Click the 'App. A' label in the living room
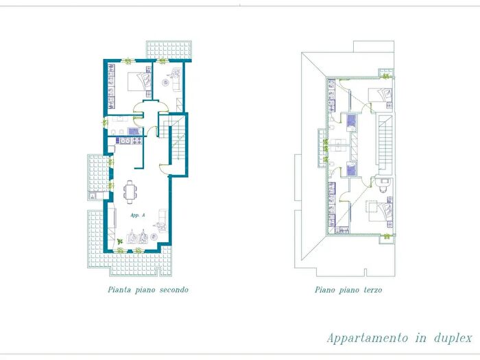pyautogui.click(x=137, y=215)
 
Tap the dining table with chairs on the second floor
pyautogui.click(x=130, y=192)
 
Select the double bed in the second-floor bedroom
pyautogui.click(x=139, y=82)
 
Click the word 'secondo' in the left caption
pyautogui.click(x=174, y=289)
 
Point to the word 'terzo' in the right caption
pyautogui.click(x=373, y=289)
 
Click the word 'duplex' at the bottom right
pyautogui.click(x=453, y=338)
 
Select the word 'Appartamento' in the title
pyautogui.click(x=368, y=338)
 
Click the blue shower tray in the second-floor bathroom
pyautogui.click(x=133, y=132)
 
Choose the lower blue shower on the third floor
pyautogui.click(x=351, y=169)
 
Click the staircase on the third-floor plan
pyautogui.click(x=385, y=142)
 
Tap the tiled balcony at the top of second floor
pyautogui.click(x=169, y=49)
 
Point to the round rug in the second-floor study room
pyautogui.click(x=166, y=83)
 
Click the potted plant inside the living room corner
pyautogui.click(x=120, y=241)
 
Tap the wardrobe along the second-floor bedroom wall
pyautogui.click(x=111, y=86)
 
